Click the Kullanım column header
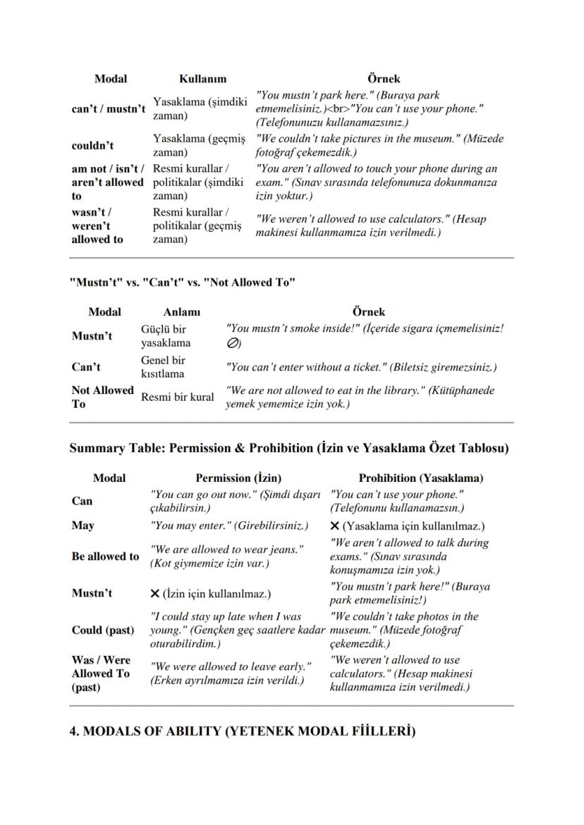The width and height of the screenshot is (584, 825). point(202,79)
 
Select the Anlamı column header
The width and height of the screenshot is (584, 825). point(182,311)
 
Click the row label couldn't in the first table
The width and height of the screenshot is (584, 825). point(92,146)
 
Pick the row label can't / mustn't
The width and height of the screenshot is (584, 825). point(109,109)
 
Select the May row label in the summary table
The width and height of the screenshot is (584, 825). point(83,526)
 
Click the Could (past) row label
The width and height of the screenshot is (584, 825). point(102,630)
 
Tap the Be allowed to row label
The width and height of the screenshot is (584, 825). point(105,557)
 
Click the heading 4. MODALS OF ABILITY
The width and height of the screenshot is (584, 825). point(242,731)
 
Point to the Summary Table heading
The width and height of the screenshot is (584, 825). point(288,448)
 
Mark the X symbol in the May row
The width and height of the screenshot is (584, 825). point(335,526)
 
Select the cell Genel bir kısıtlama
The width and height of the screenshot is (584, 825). point(164,367)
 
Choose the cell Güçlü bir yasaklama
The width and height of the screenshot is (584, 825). point(166,336)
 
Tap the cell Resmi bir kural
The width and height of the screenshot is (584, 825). point(178,397)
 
